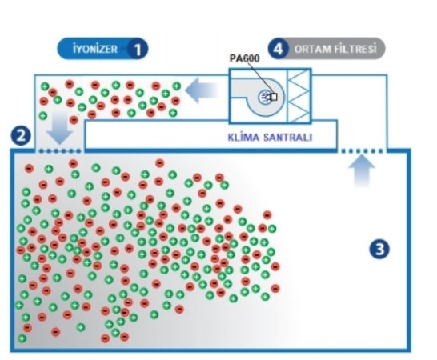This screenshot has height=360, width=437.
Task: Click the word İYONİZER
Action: coord(95,49)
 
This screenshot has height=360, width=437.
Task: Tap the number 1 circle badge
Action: coord(138,49)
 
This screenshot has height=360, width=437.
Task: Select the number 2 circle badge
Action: coord(21,136)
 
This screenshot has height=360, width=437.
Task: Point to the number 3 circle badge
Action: coord(379,249)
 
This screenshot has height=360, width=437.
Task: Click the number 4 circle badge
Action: coord(279,49)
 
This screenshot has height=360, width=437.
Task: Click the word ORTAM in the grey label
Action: coord(312,50)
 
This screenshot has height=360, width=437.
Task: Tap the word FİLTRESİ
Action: coord(355,49)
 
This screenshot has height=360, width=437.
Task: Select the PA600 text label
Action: coord(244,58)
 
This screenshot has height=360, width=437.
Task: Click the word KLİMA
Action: coord(242,137)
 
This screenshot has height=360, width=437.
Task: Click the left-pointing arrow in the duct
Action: coord(201,90)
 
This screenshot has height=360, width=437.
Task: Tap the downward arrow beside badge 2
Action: coord(60,128)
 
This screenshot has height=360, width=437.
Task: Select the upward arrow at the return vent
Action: coord(362,170)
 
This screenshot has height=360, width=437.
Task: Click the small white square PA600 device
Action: coord(274,97)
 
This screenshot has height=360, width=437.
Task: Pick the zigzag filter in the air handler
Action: coord(299,95)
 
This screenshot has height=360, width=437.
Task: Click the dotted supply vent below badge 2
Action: coord(60,151)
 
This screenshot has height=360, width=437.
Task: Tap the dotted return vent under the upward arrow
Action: coord(362,151)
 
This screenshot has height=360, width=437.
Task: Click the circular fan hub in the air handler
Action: coord(263,98)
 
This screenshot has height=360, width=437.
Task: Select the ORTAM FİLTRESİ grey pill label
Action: coord(327,49)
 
